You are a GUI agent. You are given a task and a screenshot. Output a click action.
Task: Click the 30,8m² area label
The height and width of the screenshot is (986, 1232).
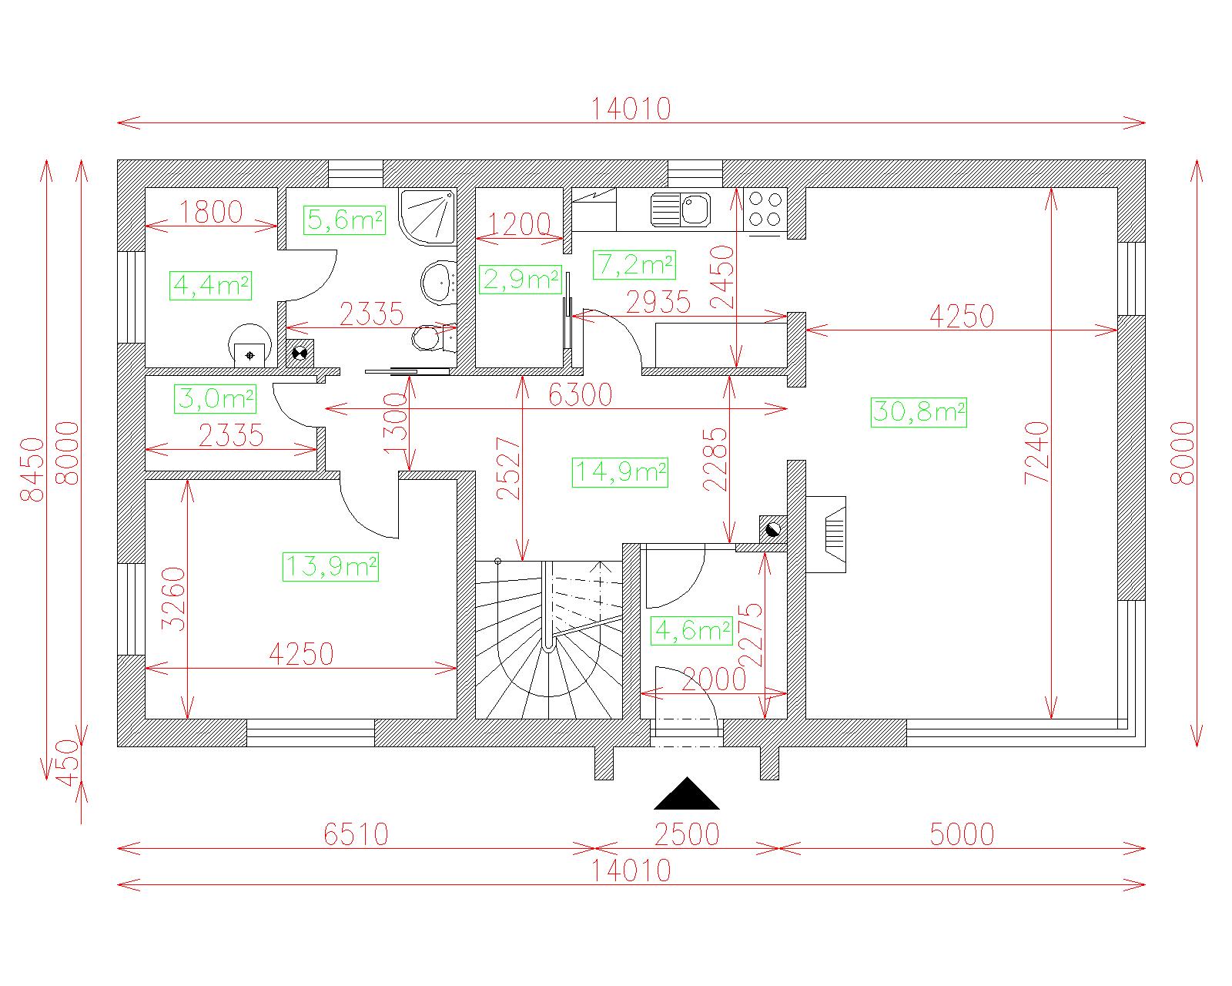[x=919, y=412]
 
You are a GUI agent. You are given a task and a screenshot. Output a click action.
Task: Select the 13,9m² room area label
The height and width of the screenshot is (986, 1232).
[x=330, y=567]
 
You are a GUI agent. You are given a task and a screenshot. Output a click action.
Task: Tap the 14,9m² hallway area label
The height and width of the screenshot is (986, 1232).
[x=620, y=473]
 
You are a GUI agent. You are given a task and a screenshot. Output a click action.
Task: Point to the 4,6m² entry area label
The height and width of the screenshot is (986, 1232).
[x=691, y=631]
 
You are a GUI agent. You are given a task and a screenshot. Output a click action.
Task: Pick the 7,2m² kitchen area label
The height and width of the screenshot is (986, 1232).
[x=634, y=265]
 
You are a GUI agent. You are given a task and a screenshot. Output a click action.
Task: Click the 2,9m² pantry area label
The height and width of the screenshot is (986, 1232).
[x=520, y=280]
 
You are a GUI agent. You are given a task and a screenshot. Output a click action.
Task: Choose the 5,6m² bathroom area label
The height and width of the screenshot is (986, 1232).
[x=344, y=220]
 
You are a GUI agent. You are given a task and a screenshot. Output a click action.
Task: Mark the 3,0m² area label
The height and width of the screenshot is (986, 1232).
[x=216, y=399]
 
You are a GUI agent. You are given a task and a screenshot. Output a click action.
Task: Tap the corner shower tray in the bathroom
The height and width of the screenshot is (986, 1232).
[x=428, y=216]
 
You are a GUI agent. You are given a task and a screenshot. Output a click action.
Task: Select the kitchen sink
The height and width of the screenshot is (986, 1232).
[x=681, y=209]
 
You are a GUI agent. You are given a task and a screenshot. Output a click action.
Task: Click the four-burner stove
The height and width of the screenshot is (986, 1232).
[x=765, y=209]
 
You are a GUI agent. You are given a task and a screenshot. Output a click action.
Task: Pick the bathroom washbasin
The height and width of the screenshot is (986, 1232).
[x=439, y=281]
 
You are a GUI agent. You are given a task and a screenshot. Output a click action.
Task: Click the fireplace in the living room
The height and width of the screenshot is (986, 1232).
[x=825, y=535]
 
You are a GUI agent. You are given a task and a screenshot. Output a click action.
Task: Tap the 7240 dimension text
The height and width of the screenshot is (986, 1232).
[x=1036, y=453]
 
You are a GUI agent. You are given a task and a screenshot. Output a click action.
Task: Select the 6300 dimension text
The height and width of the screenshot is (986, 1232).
[x=580, y=394]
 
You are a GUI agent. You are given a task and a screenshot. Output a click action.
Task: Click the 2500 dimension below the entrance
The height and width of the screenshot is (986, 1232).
[x=686, y=835]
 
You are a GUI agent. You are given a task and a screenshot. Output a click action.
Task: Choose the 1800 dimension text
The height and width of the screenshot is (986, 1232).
[x=211, y=212]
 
